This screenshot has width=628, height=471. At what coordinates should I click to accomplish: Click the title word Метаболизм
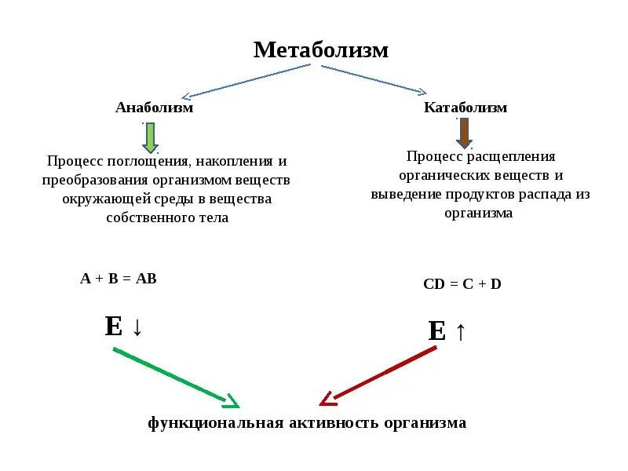point(320,50)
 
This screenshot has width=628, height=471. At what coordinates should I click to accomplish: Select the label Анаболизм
point(154,108)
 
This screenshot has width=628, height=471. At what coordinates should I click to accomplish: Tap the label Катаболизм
point(466,108)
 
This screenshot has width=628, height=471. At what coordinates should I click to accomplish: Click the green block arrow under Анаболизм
point(150,137)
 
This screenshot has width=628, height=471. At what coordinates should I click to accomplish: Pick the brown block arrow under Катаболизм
point(464,133)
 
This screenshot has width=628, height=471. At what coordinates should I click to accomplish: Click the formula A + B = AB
point(119,278)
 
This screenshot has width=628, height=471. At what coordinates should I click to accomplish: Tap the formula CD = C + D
point(462,284)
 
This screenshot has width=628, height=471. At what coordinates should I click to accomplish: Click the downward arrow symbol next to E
point(137,327)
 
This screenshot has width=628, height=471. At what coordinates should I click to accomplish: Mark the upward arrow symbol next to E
point(460,331)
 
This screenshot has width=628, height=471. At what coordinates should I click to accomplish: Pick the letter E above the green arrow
point(113,326)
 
